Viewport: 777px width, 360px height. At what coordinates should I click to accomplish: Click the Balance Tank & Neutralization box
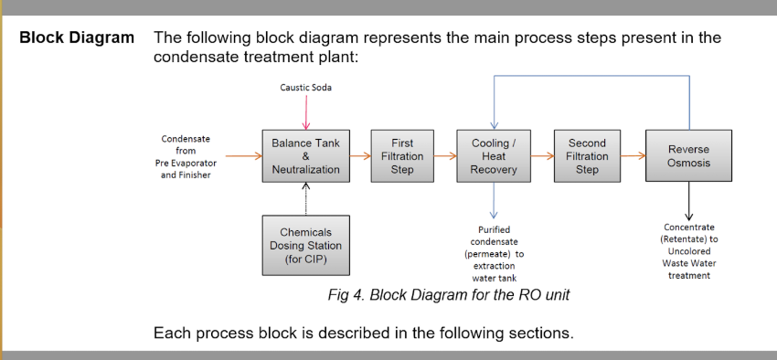point(305,156)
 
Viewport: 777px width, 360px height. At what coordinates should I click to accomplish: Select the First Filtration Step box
point(402,156)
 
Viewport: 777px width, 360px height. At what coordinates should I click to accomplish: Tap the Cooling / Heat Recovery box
point(494,156)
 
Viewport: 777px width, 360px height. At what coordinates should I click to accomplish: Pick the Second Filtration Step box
point(587,156)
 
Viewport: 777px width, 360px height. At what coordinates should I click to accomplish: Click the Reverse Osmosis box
point(688,155)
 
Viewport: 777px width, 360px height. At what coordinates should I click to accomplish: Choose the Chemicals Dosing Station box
point(305,245)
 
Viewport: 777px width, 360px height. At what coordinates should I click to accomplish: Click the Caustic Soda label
point(305,88)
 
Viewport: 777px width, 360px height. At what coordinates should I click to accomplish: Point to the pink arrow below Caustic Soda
point(305,112)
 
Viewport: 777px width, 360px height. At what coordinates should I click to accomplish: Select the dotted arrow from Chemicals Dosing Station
point(305,198)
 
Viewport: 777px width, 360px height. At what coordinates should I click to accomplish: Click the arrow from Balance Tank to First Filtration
point(360,156)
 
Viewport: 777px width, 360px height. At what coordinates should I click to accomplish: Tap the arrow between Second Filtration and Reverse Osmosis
point(633,156)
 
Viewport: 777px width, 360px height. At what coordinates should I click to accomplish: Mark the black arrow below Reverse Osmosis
point(688,200)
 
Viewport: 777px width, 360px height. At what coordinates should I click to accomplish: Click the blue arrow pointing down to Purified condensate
point(494,200)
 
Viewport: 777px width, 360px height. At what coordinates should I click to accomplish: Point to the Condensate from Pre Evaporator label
point(186,157)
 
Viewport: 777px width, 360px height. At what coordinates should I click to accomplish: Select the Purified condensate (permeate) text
point(494,249)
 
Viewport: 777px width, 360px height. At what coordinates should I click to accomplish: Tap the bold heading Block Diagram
point(77,37)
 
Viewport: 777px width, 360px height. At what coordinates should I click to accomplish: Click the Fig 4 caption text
point(449,294)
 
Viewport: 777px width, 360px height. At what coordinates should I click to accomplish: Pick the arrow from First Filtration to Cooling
point(445,156)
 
